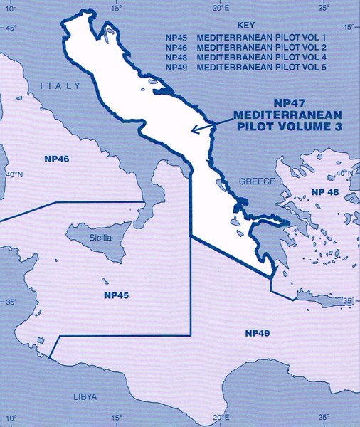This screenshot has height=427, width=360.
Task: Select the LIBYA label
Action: [x=85, y=396]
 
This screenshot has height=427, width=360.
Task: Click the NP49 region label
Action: [x=258, y=333]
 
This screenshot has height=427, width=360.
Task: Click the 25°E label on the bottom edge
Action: [x=323, y=418]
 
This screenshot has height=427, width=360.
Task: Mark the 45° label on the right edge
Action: [x=348, y=28]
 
